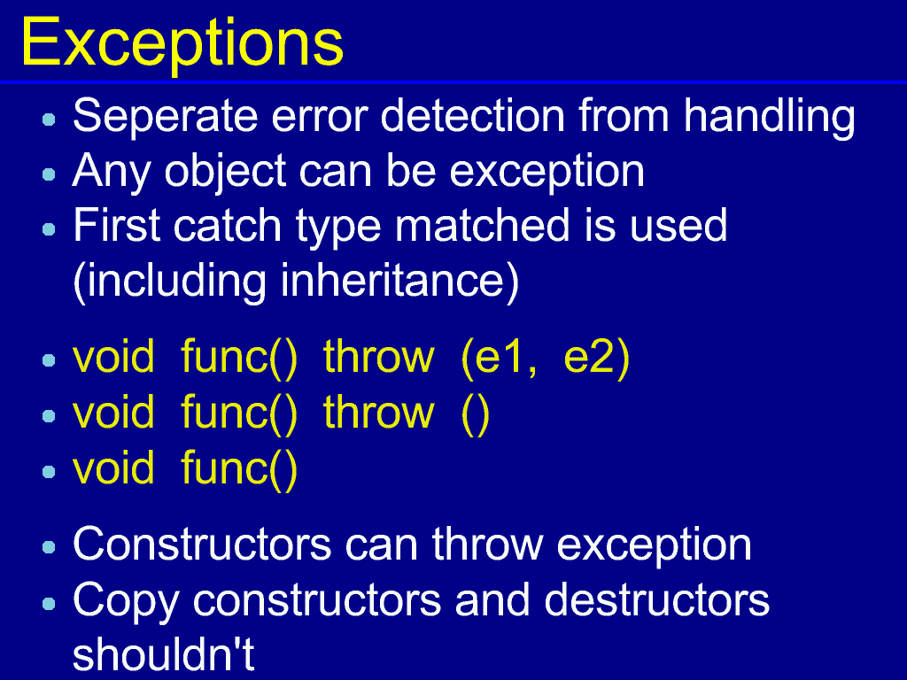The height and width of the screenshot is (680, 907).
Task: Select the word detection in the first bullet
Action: [473, 116]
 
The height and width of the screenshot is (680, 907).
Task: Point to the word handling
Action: [770, 119]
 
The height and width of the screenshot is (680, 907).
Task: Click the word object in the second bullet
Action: [225, 173]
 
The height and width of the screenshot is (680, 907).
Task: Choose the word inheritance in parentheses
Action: [392, 280]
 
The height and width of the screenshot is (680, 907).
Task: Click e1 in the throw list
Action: [506, 357]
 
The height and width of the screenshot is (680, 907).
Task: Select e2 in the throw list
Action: [589, 357]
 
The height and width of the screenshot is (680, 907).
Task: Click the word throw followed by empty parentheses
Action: [378, 412]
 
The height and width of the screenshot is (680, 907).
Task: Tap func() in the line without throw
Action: [239, 468]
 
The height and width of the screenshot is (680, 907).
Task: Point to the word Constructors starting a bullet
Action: [202, 545]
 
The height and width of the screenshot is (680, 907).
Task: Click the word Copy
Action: [126, 601]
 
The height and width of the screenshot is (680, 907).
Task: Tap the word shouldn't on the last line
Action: [163, 654]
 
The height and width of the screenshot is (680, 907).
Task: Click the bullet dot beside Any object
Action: [50, 174]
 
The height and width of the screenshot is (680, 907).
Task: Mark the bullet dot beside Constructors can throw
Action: [50, 547]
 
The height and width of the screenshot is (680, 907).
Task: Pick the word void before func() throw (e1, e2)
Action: [113, 357]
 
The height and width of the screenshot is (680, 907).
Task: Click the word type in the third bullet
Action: [338, 228]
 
